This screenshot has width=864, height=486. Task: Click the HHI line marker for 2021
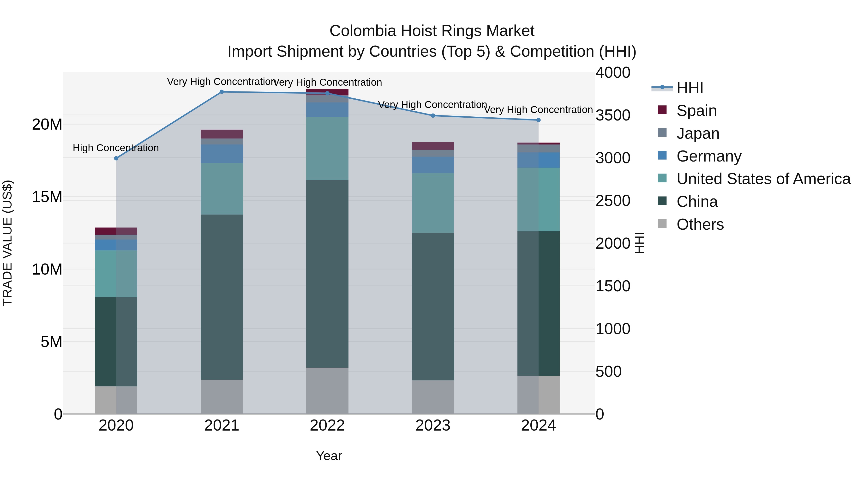[x=222, y=92]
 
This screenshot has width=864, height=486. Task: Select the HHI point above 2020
[x=116, y=158]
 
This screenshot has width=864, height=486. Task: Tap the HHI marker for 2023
[x=433, y=116]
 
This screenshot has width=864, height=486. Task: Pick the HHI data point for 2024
[x=538, y=120]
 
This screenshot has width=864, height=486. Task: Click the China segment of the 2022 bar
[x=327, y=273]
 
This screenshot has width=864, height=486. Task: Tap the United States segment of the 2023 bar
[x=433, y=203]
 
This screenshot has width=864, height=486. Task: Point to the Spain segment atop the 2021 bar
[x=222, y=134]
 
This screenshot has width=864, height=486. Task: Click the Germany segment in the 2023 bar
[x=433, y=165]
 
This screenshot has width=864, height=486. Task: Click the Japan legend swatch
[x=662, y=133]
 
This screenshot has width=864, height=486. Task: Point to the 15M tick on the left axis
[x=47, y=197]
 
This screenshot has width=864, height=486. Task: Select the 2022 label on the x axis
[x=327, y=426]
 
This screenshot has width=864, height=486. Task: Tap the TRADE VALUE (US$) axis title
[x=8, y=243]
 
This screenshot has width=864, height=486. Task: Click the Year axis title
[x=329, y=456]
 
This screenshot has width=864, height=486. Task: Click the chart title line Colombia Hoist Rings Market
[x=432, y=31]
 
